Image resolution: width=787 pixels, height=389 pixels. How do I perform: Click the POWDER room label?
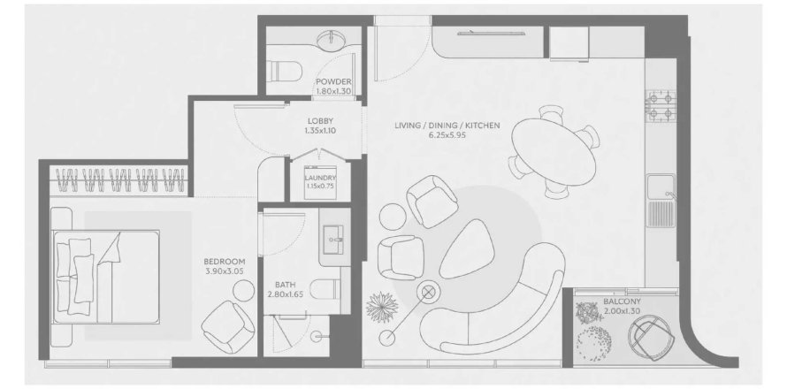[x=333, y=82]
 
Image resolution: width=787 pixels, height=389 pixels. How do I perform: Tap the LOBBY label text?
[x=320, y=121]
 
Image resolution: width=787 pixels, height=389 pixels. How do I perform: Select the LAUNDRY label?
[x=320, y=178]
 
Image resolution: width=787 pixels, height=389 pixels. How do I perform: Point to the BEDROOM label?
[x=225, y=262]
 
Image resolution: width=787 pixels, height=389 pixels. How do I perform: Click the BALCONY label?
[x=622, y=301]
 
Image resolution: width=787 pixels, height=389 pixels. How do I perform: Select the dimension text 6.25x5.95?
[x=447, y=134]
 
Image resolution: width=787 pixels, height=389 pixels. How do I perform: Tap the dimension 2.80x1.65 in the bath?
[x=285, y=294]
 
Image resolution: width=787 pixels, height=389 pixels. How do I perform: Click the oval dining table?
[x=554, y=152]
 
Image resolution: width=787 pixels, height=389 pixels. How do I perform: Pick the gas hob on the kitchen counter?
[x=660, y=106]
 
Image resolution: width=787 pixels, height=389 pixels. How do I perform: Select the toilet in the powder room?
[x=284, y=70]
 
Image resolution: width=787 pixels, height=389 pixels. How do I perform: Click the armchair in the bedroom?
[x=228, y=327]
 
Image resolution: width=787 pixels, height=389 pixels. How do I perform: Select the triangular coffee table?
[x=467, y=248]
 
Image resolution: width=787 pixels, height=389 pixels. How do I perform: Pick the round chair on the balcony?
[x=652, y=338]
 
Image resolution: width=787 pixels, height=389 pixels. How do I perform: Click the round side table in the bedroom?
[x=244, y=290]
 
